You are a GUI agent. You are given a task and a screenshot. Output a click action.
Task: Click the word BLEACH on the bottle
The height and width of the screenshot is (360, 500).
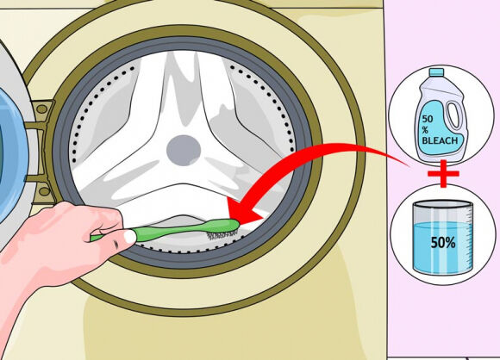click(441, 140)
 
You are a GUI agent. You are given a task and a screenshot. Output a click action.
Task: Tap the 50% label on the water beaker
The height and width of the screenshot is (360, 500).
click(443, 243)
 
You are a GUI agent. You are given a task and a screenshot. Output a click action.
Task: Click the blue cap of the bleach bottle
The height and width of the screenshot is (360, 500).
click(436, 72)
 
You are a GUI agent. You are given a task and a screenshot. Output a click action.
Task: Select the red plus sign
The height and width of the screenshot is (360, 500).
click(443, 174)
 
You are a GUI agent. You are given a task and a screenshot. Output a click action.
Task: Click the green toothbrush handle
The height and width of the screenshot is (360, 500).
click(166, 232)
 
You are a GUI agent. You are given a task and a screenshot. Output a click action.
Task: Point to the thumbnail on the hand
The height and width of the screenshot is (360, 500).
click(130, 236)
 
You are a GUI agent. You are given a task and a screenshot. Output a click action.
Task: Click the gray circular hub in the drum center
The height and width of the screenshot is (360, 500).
click(184, 151)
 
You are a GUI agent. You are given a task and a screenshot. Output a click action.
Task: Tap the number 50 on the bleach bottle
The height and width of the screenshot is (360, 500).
click(428, 119)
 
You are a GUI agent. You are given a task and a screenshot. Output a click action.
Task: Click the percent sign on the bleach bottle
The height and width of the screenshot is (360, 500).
click(425, 130)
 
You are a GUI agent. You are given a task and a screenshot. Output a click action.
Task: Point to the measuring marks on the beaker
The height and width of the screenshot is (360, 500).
click(469, 239)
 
